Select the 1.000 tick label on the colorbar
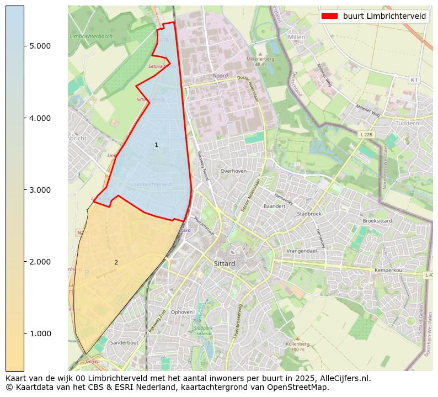(x=40, y=334)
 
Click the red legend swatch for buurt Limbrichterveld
(x=330, y=16)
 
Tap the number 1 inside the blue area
(x=156, y=145)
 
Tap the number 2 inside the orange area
(x=116, y=262)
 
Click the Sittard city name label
(x=225, y=264)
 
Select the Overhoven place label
(x=233, y=171)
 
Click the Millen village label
(x=296, y=37)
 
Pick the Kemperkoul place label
(x=390, y=271)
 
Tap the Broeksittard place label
(x=377, y=221)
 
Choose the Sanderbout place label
(x=124, y=342)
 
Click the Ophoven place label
(x=182, y=312)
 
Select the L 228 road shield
(x=366, y=134)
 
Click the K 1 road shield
(x=413, y=80)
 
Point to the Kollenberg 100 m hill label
(x=298, y=346)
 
